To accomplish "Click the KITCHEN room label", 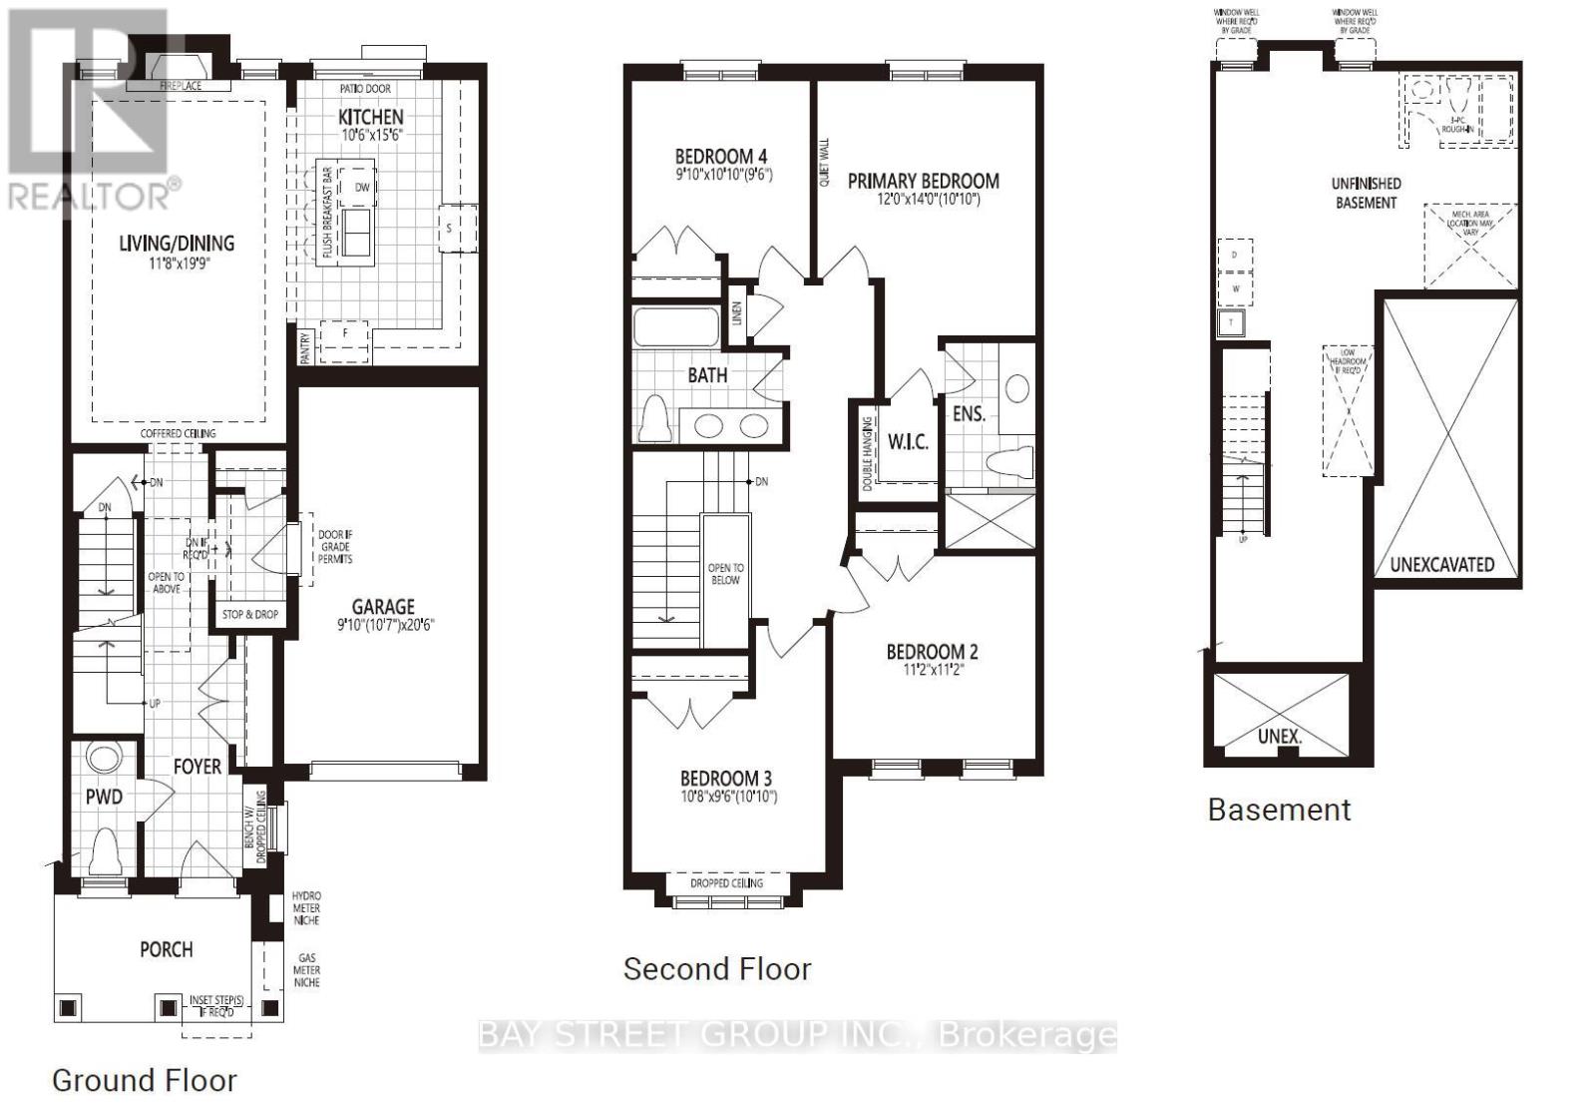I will [370, 117].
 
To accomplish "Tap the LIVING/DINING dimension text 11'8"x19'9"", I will [177, 264].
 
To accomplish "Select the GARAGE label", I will [383, 606].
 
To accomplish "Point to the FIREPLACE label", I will [181, 86].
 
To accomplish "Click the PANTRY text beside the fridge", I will [305, 348].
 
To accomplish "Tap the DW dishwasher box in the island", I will [361, 187].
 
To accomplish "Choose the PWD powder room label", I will [104, 796].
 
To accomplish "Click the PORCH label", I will [167, 948].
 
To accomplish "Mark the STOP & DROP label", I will [250, 614].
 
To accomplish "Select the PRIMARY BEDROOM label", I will [923, 181].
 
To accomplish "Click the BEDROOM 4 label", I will [720, 156].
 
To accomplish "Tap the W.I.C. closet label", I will [908, 441].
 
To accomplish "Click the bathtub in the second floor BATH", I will [675, 326].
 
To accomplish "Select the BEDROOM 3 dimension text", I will [727, 797].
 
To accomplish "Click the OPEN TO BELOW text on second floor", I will [725, 573].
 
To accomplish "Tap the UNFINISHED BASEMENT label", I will [1366, 193].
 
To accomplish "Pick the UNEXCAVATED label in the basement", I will [1441, 564].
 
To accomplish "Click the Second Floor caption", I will [717, 968].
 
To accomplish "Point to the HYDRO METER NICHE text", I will [306, 907].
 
